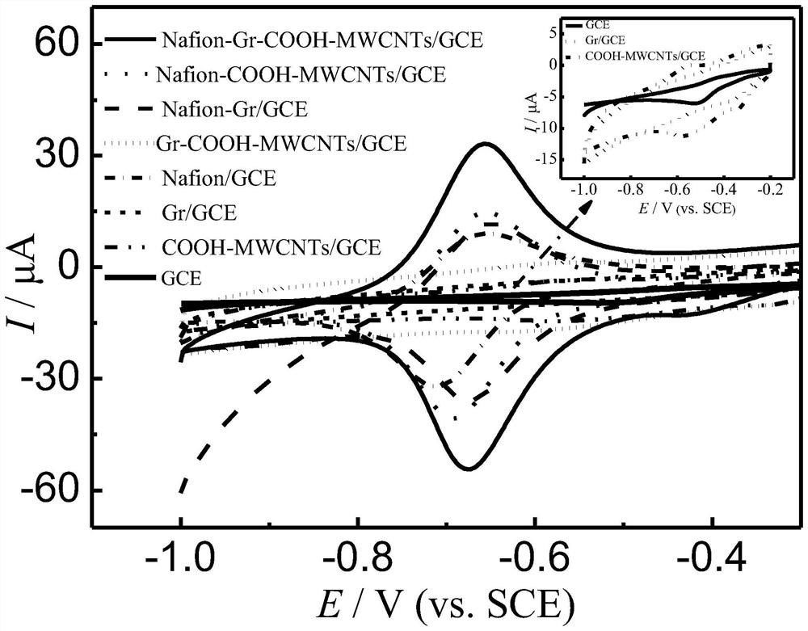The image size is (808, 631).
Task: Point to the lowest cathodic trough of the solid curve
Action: (x=467, y=469)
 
